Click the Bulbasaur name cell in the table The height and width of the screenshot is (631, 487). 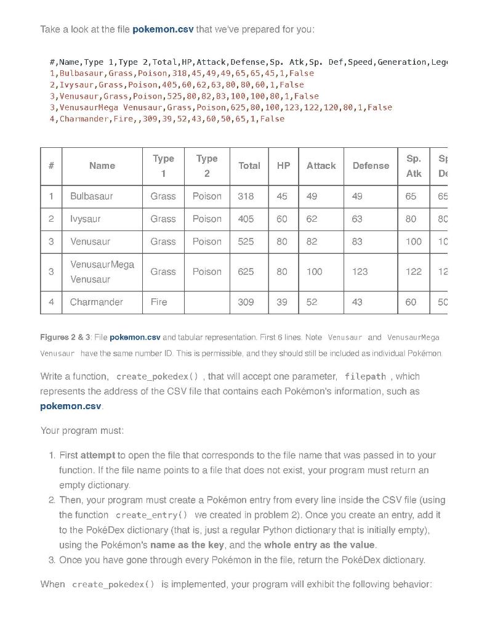(x=91, y=196)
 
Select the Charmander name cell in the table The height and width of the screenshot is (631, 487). (x=96, y=302)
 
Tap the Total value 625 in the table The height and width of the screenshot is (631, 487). (x=246, y=271)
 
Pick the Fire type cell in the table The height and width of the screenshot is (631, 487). (x=158, y=302)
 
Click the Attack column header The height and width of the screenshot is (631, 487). (x=321, y=166)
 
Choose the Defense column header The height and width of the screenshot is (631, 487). (x=370, y=166)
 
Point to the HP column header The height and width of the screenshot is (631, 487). (x=283, y=166)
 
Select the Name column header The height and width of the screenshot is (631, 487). (x=102, y=166)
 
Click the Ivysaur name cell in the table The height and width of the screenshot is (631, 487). (x=86, y=219)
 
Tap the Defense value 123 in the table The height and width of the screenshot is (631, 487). (x=360, y=271)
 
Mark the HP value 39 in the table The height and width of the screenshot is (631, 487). (x=281, y=302)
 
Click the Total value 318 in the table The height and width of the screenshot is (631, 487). (x=245, y=196)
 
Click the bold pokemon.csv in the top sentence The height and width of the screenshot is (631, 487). (x=163, y=30)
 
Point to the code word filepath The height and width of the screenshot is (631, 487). (x=365, y=377)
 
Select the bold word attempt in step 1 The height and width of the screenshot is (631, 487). (x=97, y=455)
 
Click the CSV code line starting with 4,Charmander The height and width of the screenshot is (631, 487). (x=167, y=118)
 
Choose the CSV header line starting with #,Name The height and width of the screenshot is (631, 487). (x=246, y=62)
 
